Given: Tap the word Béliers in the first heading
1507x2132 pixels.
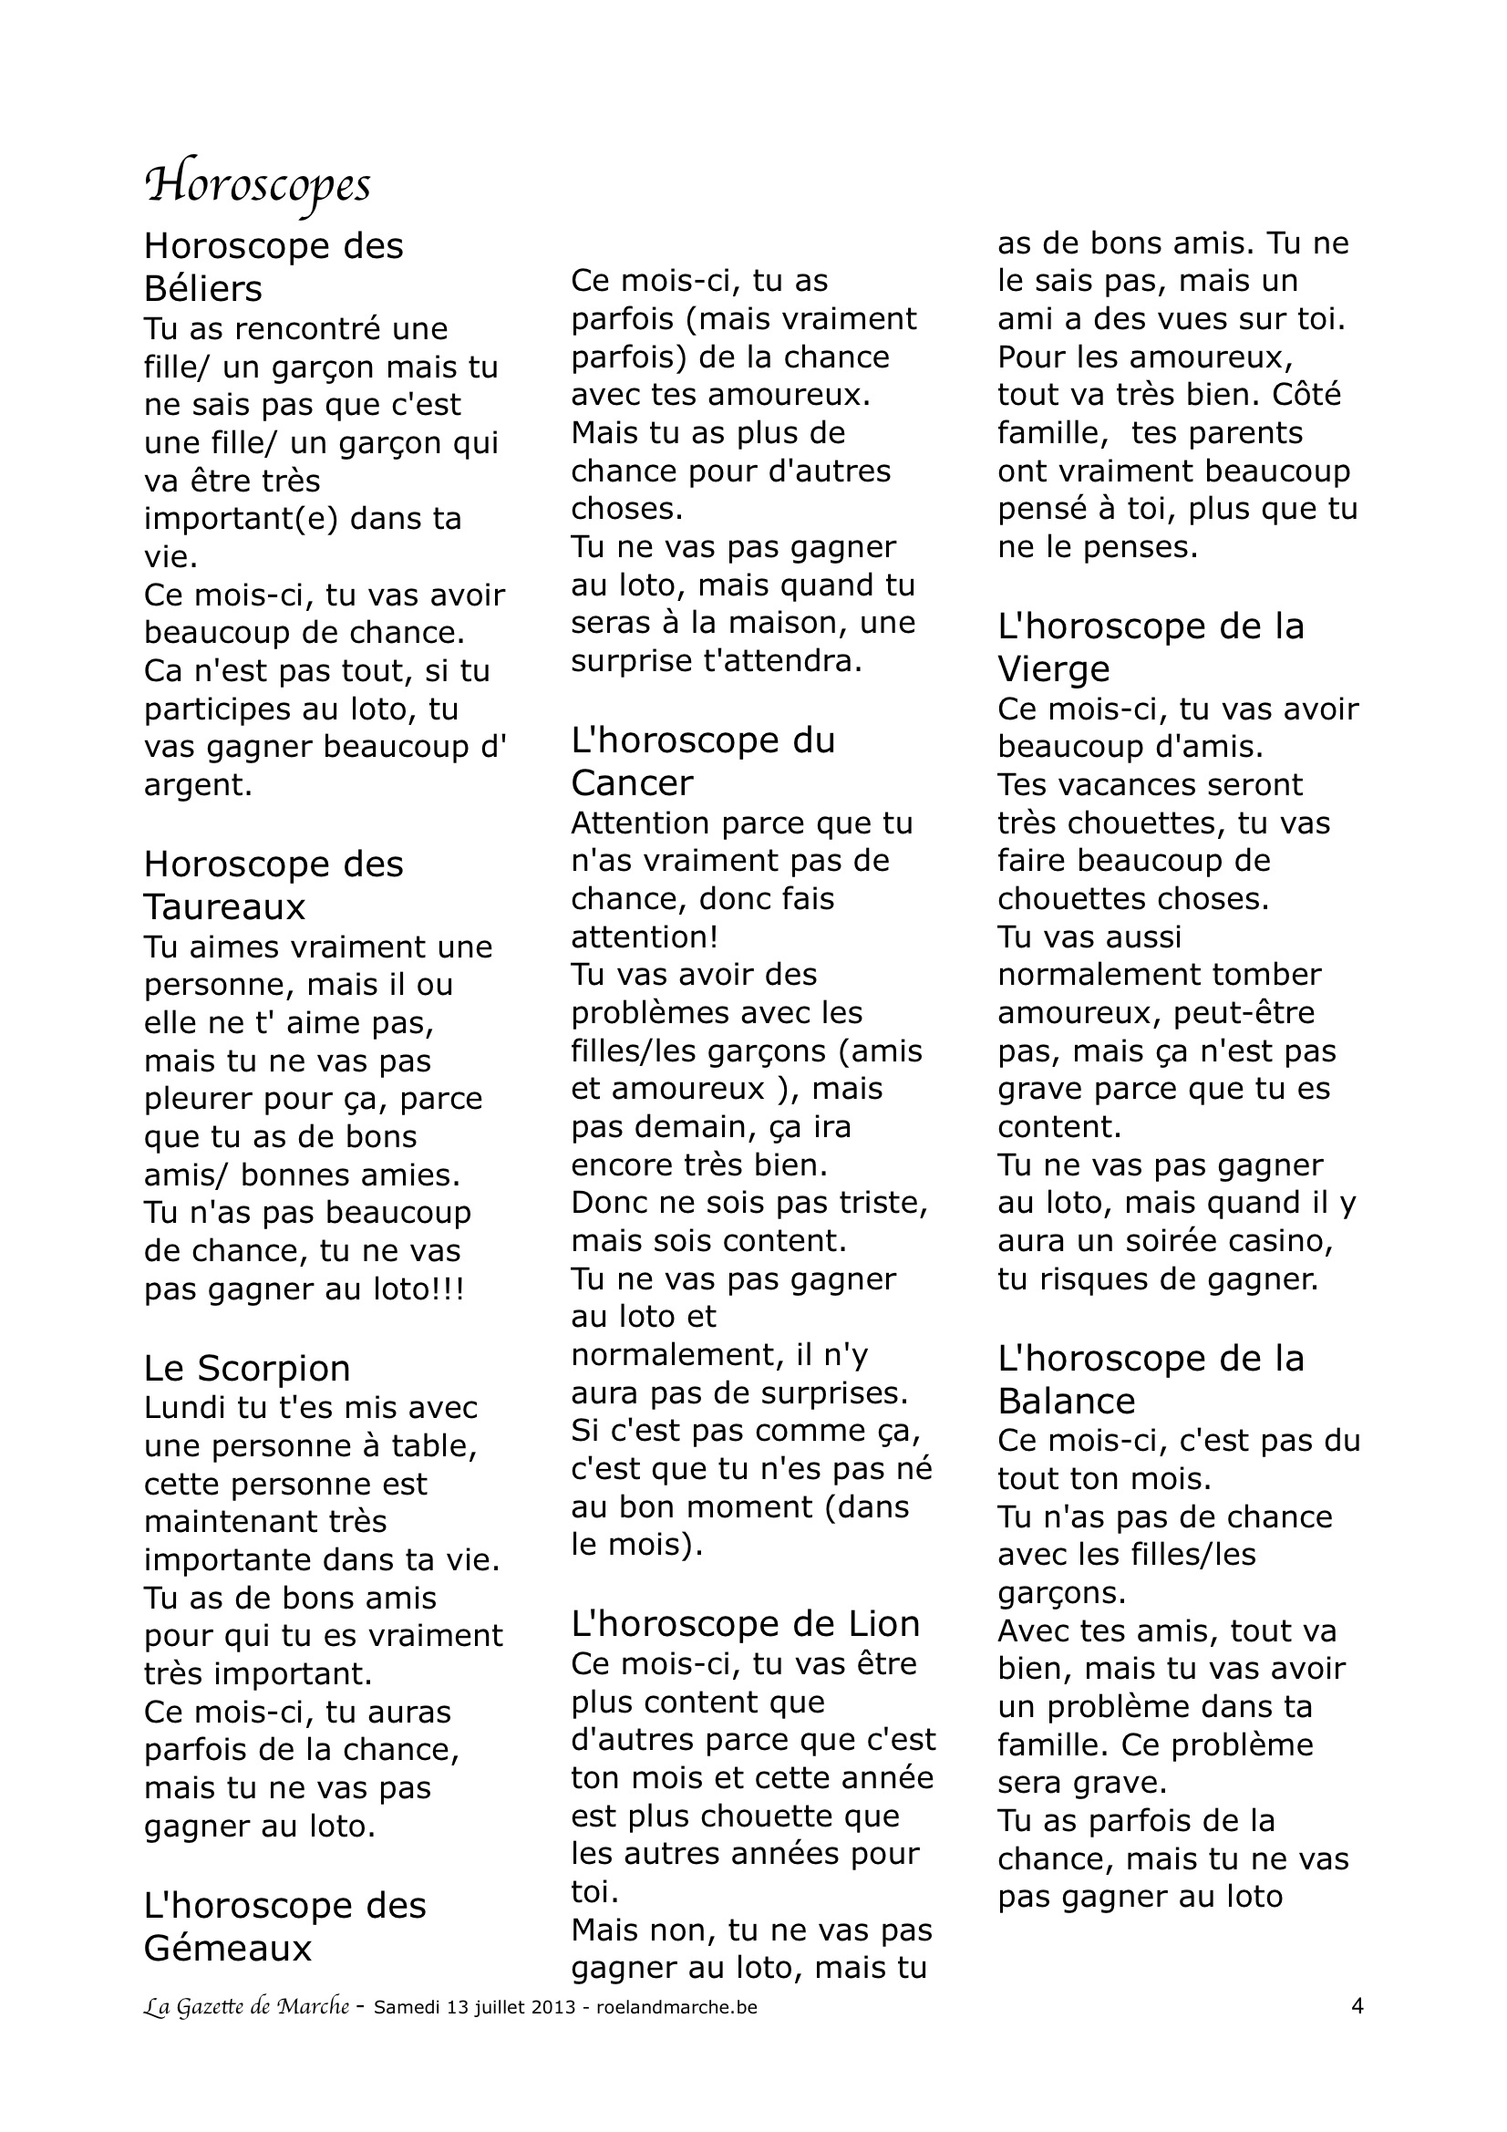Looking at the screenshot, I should (202, 290).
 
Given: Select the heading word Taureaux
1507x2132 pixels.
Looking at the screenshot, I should (223, 906).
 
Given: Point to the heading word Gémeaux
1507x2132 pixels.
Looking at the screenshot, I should (228, 1947).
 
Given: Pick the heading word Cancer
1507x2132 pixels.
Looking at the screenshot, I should (632, 783).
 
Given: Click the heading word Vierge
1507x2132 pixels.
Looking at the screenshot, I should (1054, 669).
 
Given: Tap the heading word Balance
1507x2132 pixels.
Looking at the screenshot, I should (1067, 1401).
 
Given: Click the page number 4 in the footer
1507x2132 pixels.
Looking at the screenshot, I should (1357, 2006).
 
